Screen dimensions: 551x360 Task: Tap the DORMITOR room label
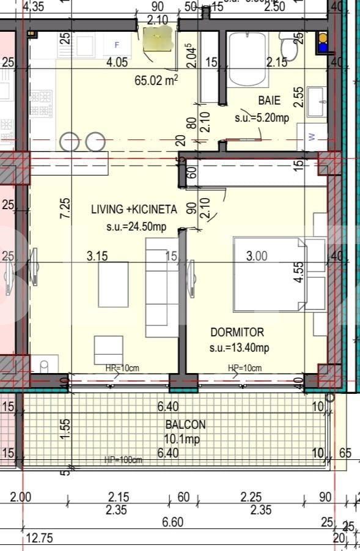(237, 333)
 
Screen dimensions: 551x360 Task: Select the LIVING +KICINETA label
(134, 209)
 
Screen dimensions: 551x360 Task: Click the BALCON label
(185, 424)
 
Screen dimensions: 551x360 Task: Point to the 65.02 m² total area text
(155, 80)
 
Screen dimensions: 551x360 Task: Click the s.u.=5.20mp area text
(262, 118)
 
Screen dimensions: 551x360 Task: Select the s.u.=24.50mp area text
(135, 227)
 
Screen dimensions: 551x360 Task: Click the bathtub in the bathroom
(247, 60)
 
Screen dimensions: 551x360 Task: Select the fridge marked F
(117, 45)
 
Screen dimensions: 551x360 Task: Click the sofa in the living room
(156, 282)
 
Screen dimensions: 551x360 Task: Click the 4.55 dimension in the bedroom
(299, 272)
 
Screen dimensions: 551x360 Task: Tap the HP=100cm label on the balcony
(123, 459)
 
